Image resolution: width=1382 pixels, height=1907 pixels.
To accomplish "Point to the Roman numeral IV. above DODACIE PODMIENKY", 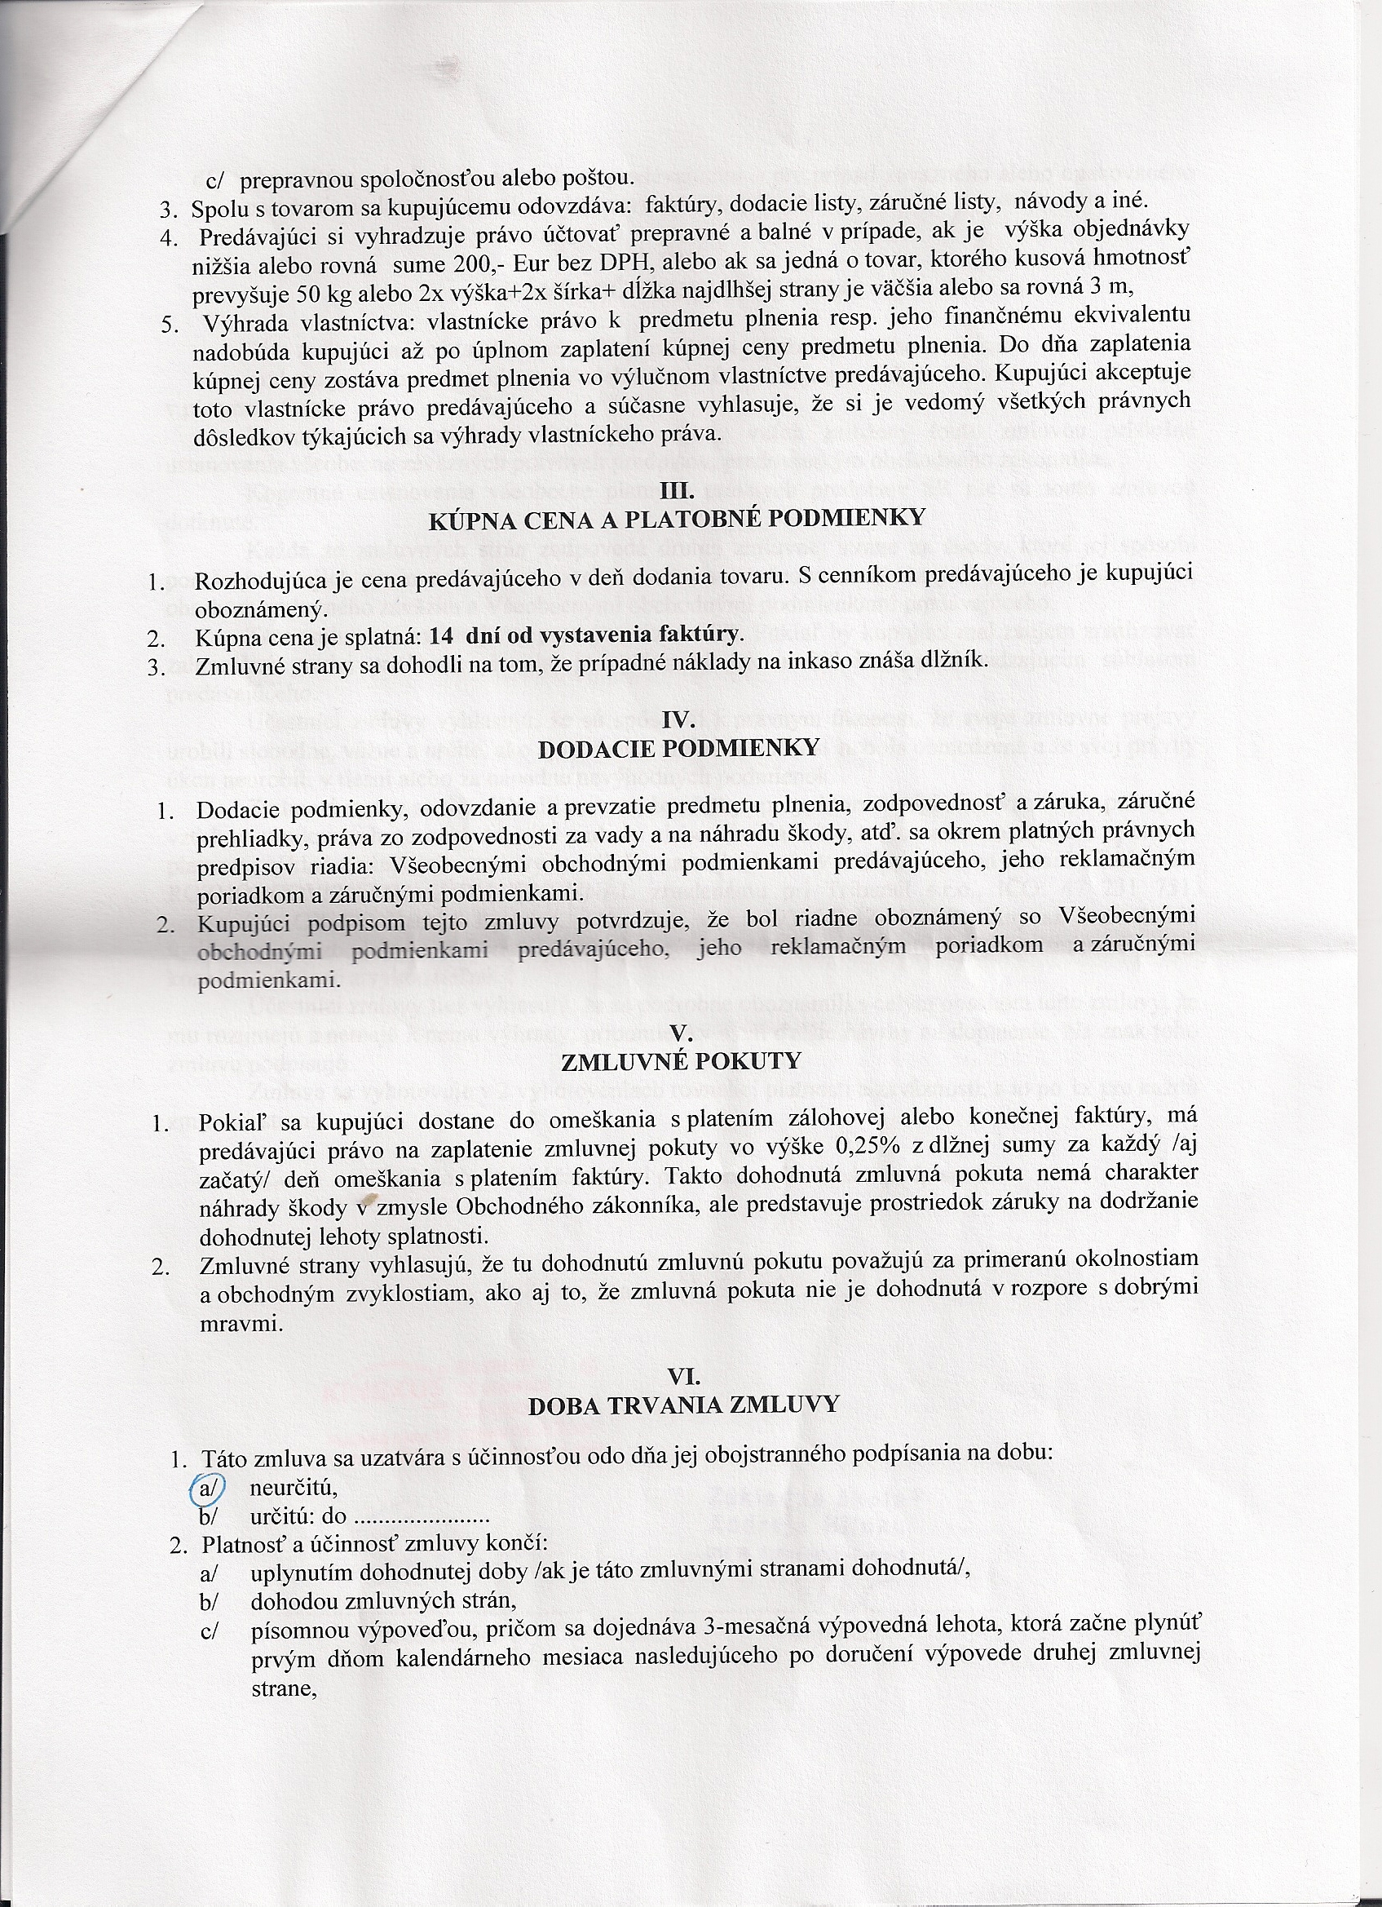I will click(x=677, y=720).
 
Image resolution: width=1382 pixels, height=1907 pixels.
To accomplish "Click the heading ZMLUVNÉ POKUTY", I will click(x=681, y=1061).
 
